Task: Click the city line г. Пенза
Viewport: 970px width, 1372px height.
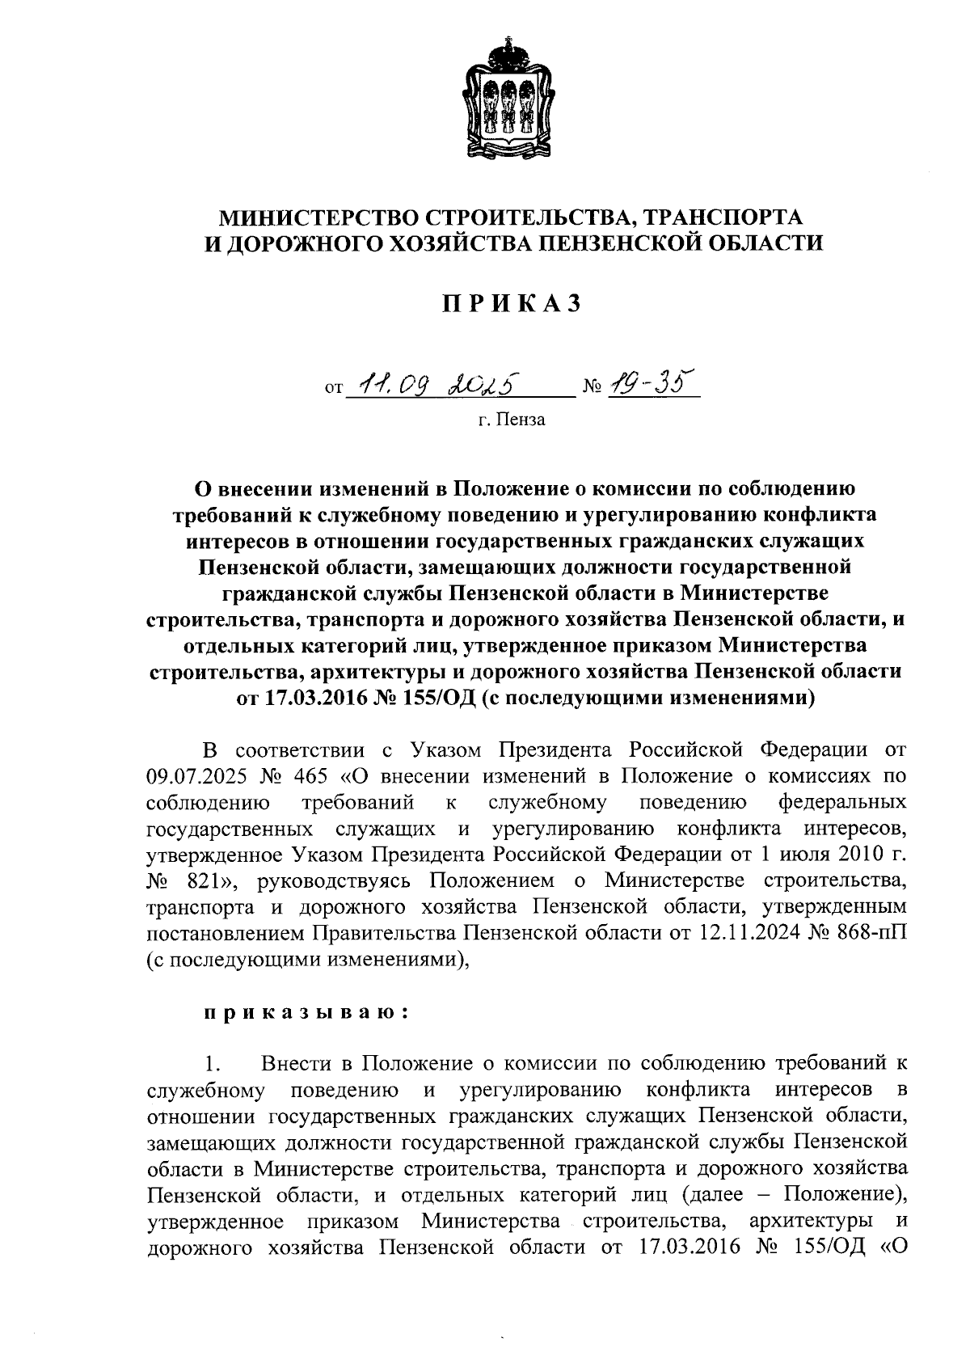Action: [511, 420]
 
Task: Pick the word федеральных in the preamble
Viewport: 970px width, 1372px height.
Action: [841, 802]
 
